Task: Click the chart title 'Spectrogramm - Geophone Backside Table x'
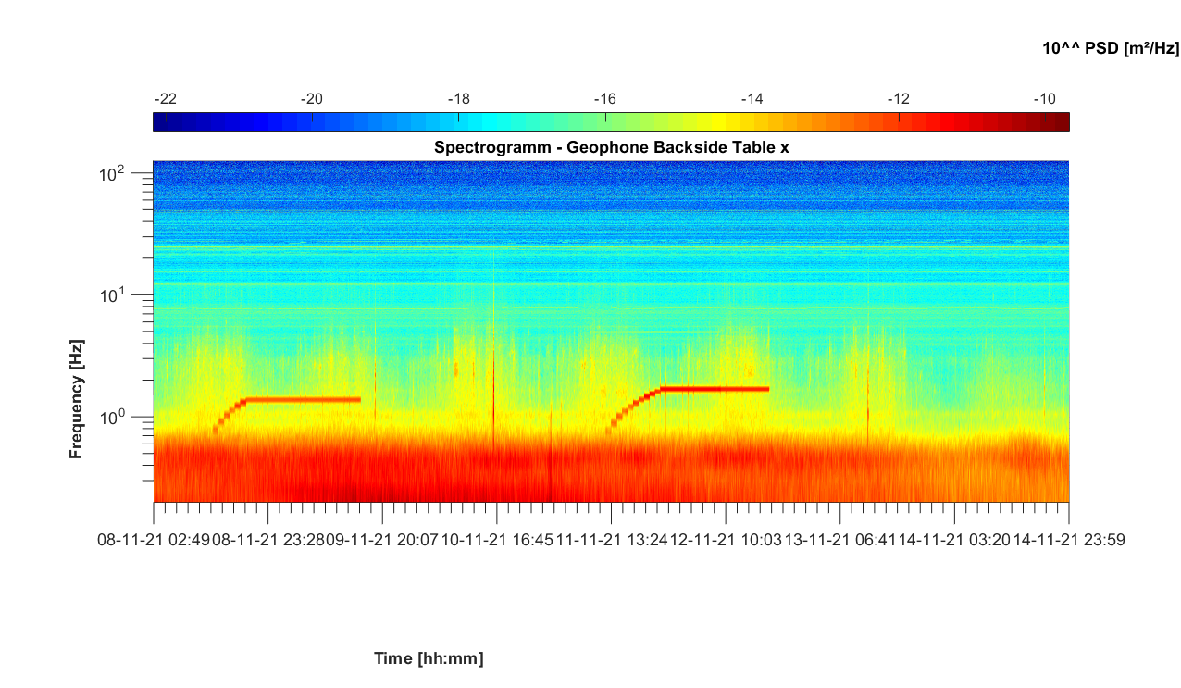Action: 611,147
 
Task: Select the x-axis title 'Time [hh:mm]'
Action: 429,658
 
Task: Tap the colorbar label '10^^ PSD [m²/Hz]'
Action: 1111,48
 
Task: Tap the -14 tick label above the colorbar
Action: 752,99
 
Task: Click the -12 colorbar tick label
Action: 898,99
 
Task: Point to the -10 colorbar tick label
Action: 1044,99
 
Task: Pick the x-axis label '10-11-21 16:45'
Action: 498,540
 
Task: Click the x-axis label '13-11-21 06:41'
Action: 840,540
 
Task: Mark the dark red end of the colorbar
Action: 1063,122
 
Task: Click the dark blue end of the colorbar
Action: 159,122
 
